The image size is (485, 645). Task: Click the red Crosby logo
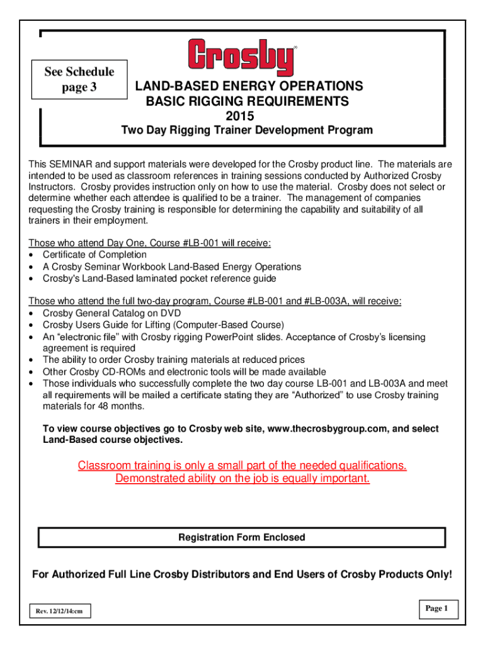click(x=242, y=58)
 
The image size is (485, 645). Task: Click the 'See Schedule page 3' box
click(x=79, y=79)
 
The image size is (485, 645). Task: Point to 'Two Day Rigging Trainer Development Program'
click(x=246, y=130)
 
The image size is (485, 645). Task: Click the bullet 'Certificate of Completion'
click(x=94, y=254)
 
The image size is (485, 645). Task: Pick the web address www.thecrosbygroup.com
click(x=324, y=428)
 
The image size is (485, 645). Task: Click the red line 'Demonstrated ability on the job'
click(x=243, y=479)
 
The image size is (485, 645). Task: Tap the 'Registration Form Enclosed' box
click(x=242, y=537)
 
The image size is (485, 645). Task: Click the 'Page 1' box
click(x=437, y=608)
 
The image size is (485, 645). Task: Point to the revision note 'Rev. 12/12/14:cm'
click(x=60, y=610)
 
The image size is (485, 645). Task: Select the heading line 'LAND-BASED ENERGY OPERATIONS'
click(x=246, y=86)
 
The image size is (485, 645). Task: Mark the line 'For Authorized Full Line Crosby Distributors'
click(x=242, y=574)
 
